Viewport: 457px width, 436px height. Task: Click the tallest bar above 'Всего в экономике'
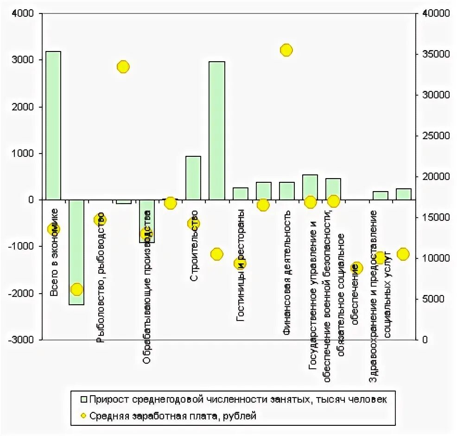click(53, 125)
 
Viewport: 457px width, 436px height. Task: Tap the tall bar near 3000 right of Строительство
click(216, 130)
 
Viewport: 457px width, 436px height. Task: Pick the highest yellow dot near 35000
click(286, 50)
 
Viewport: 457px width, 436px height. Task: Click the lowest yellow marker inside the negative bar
click(76, 289)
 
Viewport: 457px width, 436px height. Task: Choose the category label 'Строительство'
click(195, 245)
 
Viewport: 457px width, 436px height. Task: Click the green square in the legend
click(84, 398)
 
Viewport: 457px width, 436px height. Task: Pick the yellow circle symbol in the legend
click(84, 416)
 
